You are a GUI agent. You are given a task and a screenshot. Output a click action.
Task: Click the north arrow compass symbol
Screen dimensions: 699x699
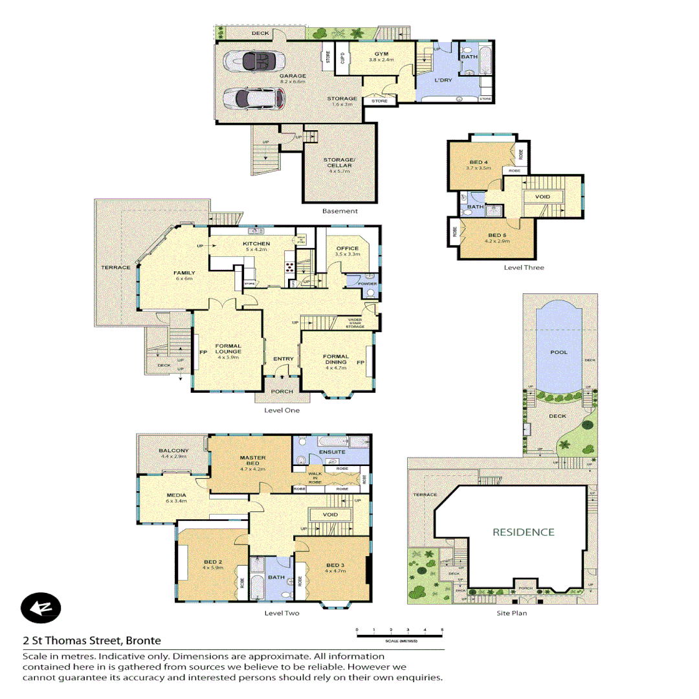pos(40,608)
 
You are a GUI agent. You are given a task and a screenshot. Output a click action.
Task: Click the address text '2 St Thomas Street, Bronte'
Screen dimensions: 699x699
pos(91,641)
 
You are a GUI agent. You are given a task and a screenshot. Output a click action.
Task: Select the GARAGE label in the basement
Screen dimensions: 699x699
pos(293,76)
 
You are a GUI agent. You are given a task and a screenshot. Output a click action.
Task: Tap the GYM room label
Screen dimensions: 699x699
pos(381,54)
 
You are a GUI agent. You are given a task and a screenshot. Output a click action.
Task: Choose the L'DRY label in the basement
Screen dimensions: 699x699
pos(443,80)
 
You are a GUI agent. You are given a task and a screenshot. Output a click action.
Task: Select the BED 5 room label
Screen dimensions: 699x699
pos(497,236)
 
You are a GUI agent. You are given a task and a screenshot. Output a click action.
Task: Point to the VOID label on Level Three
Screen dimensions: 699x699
pos(542,196)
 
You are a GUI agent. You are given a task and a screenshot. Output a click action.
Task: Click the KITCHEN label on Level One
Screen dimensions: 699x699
pos(256,243)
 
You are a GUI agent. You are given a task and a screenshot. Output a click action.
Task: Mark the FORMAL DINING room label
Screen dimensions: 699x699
pos(337,360)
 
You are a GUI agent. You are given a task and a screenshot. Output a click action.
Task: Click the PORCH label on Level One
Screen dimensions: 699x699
pos(282,391)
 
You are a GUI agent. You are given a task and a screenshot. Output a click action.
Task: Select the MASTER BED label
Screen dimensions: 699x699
pos(253,460)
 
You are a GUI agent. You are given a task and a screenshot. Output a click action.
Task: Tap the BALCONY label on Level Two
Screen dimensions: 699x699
pos(173,453)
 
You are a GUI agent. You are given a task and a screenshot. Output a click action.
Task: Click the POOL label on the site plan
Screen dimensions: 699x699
pos(559,352)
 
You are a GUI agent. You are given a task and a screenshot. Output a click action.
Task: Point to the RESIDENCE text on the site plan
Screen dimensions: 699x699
pos(524,532)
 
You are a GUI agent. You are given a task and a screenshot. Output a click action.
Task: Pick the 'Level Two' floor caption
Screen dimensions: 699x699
pos(282,612)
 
